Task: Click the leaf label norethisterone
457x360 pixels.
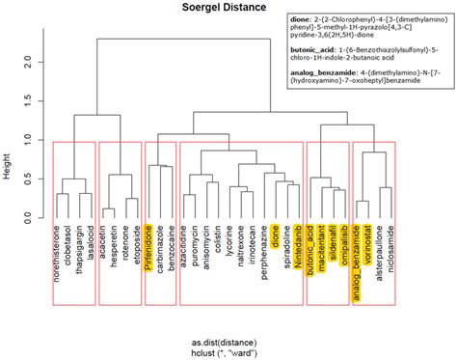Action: pyautogui.click(x=57, y=262)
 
